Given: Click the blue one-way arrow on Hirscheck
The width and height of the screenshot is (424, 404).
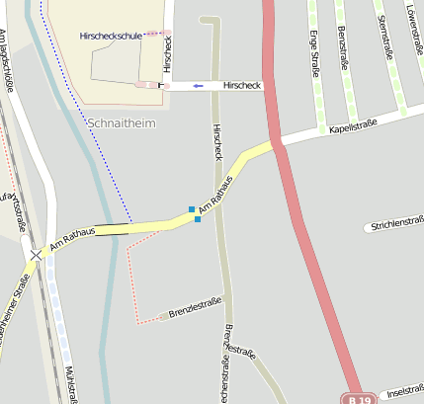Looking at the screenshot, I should click(200, 86).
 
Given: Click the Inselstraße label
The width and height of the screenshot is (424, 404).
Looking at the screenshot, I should click(406, 389).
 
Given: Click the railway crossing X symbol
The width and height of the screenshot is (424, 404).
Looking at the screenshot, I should click(37, 255).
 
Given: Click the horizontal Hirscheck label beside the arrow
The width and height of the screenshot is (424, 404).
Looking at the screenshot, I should click(242, 86).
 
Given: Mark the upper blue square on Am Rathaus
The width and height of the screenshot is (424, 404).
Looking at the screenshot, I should click(192, 208).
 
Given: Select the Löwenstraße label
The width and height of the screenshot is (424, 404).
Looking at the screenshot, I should click(412, 25).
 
